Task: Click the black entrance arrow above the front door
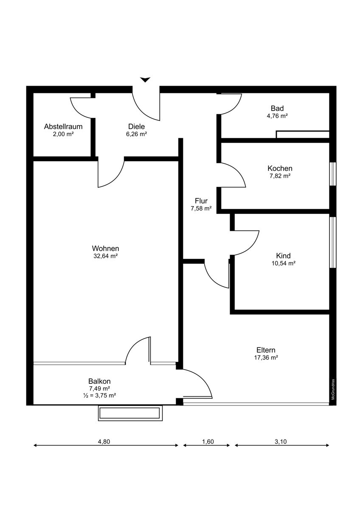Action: (145, 80)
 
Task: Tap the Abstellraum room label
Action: (63, 126)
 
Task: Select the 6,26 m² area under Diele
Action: (136, 134)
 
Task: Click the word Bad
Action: (277, 109)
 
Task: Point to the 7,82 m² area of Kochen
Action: (280, 176)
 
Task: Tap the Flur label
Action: (201, 201)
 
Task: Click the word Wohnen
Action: (106, 248)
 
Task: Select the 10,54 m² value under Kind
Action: (283, 263)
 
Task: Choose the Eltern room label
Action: (266, 350)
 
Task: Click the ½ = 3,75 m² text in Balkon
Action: (100, 395)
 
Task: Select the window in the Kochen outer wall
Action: (333, 174)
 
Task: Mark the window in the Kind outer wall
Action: (333, 242)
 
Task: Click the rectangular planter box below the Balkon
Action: (130, 413)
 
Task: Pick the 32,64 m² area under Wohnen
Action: (106, 256)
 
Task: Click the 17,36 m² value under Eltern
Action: (266, 358)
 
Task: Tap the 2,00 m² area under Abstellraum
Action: (63, 134)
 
